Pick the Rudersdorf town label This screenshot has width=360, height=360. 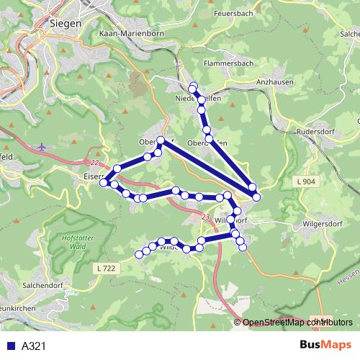point(320,132)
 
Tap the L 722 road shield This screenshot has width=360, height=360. point(105,268)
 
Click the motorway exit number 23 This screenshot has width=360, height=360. point(206,217)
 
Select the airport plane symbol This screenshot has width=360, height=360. point(42,147)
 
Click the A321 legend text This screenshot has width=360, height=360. point(35,346)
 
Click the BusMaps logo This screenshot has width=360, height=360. point(325,346)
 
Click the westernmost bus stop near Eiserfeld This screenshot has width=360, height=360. point(104,183)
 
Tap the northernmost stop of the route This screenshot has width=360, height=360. point(192,87)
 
